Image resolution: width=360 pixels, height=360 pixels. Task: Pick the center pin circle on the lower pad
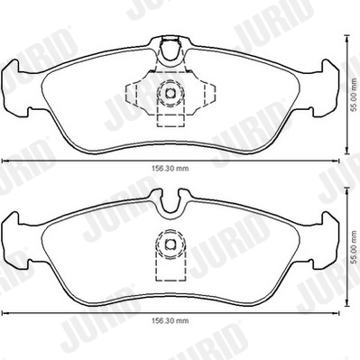click(x=168, y=242)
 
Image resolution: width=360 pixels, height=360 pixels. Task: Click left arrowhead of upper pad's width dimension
click(x=5, y=159)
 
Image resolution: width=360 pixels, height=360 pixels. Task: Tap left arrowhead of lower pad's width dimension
click(x=5, y=311)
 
